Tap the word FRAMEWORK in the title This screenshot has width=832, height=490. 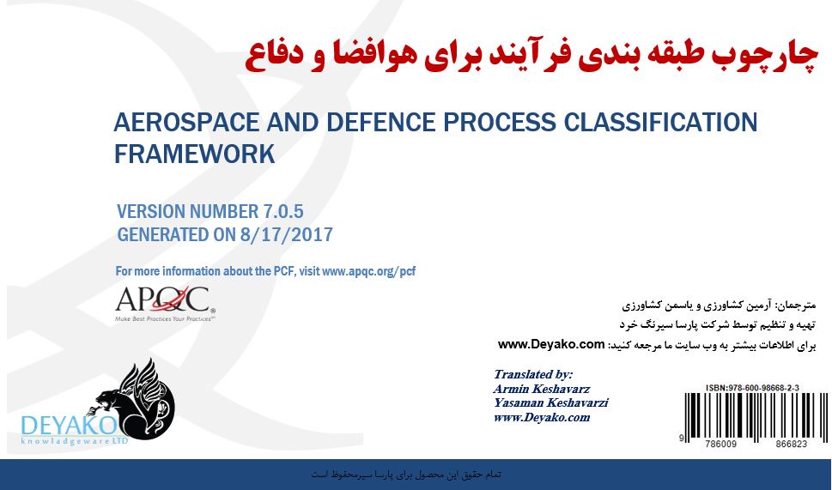194,154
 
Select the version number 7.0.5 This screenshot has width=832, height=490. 283,212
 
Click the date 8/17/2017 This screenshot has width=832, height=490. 287,234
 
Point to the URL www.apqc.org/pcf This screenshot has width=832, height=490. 368,271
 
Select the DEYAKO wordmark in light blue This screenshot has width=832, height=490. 69,426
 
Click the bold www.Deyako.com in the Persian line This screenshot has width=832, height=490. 551,344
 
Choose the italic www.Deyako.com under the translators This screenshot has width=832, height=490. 542,417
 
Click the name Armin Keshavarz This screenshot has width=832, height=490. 542,389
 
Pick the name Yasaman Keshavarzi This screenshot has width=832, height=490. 550,403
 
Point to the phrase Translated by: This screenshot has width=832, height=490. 533,374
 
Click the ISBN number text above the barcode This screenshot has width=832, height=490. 752,388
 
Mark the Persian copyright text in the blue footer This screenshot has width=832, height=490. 406,474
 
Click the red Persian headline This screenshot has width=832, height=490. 531,57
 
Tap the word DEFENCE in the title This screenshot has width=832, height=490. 381,123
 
